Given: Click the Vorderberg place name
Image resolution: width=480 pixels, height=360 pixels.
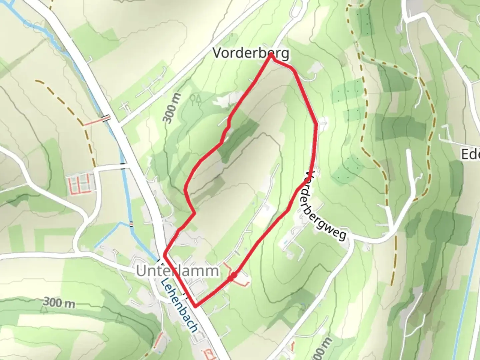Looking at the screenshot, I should click(251, 53).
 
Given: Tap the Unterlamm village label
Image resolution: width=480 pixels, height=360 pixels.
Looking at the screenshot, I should click(177, 271).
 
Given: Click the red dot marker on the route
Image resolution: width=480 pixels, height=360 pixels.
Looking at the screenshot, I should click(233, 276).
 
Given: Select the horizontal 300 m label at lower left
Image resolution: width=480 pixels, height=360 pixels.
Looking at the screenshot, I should click(59, 303).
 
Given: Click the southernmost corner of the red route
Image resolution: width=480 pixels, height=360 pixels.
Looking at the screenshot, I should click(195, 306).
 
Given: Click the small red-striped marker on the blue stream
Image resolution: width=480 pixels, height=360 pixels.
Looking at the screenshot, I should click(131, 224).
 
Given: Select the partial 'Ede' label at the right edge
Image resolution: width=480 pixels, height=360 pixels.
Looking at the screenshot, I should click(470, 154).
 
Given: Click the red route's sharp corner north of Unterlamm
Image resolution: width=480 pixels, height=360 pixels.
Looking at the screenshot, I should click(164, 255).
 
